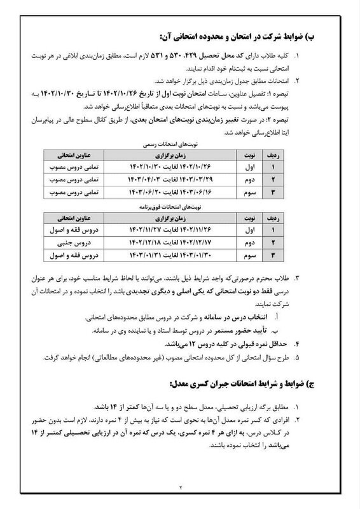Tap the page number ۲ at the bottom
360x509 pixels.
180,488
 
